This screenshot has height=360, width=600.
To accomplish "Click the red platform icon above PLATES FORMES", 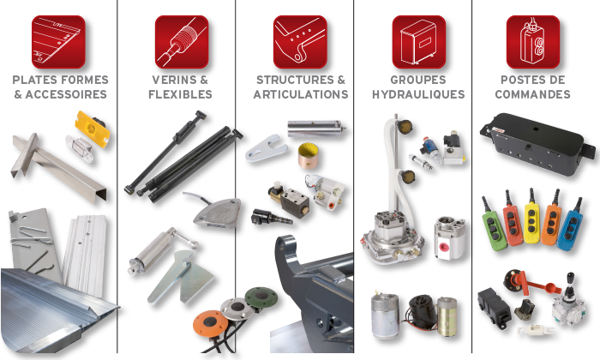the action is [x=58, y=42].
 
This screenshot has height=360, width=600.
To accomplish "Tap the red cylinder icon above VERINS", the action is [x=182, y=42].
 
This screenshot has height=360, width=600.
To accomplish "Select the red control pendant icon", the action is [x=533, y=42].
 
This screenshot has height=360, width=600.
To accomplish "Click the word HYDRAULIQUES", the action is [x=418, y=94].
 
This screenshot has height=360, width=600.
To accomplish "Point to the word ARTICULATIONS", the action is [x=301, y=94].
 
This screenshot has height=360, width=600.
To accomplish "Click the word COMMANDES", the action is [x=532, y=94].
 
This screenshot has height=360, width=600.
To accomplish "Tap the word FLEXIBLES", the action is [x=180, y=94].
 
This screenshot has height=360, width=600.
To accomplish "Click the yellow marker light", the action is [x=93, y=129].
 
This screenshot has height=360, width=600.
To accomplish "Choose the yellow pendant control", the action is [x=531, y=218].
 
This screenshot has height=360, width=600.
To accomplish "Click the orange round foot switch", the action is [x=210, y=323].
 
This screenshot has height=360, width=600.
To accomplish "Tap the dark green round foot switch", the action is [x=261, y=297].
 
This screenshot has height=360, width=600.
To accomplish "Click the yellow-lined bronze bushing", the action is [x=309, y=155].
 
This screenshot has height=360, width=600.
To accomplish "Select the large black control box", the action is [x=537, y=145].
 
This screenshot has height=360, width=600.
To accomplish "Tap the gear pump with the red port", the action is [x=450, y=238].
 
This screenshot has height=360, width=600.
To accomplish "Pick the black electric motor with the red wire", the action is [x=422, y=310].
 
